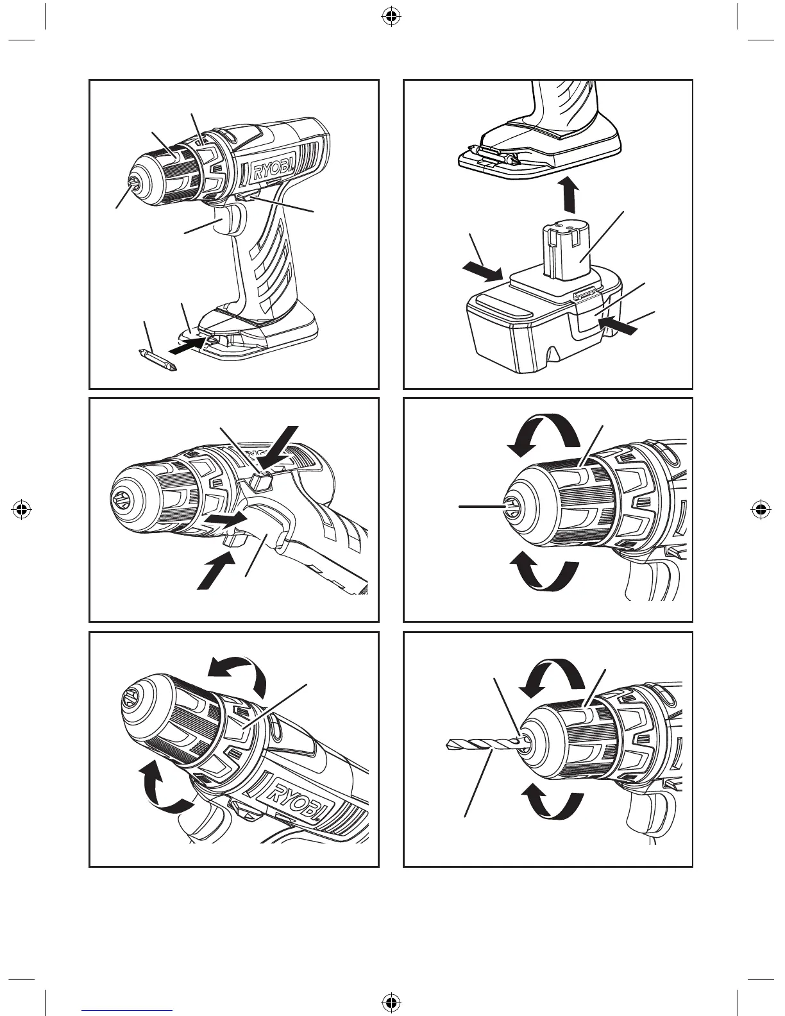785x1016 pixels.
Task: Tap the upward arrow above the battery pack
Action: click(x=570, y=194)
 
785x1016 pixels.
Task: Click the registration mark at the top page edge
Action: click(x=392, y=17)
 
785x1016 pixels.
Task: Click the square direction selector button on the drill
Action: click(x=262, y=482)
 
